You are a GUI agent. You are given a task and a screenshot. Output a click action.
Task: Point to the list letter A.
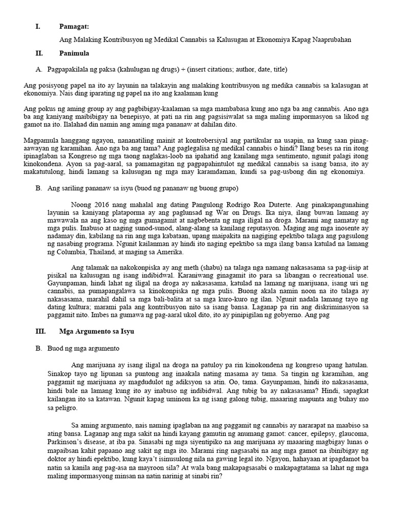tap(38, 69)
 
